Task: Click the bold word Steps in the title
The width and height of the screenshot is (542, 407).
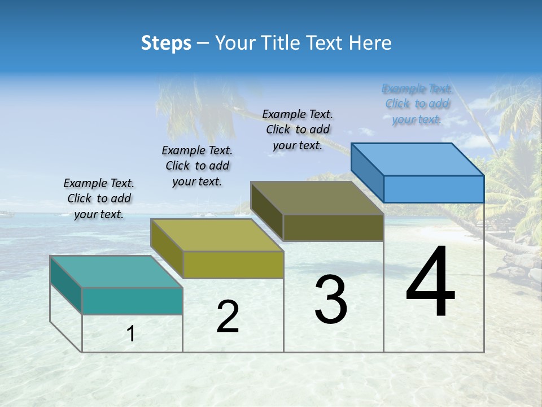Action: click(166, 43)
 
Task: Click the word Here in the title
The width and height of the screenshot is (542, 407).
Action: click(370, 43)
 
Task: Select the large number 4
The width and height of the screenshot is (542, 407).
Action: click(431, 283)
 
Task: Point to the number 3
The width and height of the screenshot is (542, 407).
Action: click(331, 300)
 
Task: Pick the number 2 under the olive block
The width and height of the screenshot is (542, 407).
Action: click(228, 317)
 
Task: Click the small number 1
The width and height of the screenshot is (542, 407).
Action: click(131, 334)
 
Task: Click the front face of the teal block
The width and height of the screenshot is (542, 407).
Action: click(132, 301)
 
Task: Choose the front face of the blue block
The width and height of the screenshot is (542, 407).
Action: click(434, 189)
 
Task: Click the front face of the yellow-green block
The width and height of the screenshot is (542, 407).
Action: click(233, 265)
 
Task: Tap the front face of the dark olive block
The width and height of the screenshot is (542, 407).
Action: click(333, 227)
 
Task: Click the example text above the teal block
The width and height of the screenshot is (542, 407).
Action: click(99, 198)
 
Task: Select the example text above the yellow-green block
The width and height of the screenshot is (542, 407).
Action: click(197, 166)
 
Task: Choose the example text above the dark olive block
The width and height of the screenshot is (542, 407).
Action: click(298, 129)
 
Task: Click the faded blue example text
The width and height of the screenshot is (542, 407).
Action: click(417, 103)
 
